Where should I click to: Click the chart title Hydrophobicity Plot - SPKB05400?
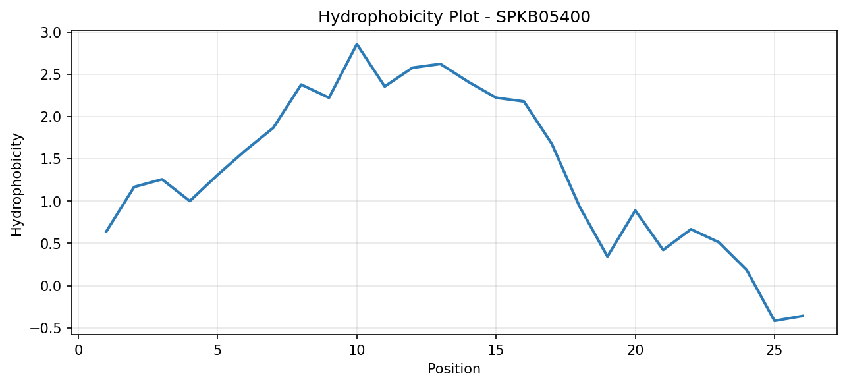(x=454, y=17)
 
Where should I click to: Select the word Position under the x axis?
(x=454, y=369)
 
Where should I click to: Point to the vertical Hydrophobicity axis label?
(x=16, y=185)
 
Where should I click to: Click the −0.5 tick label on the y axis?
(x=45, y=328)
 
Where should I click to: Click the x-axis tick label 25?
(x=774, y=351)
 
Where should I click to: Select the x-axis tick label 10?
(x=356, y=351)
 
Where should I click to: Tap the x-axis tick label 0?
(x=78, y=351)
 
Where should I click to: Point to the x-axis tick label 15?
(x=496, y=351)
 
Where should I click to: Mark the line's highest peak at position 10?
(x=356, y=44)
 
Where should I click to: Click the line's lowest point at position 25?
(x=774, y=321)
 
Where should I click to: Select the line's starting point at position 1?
(x=106, y=232)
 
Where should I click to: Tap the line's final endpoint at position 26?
(x=802, y=316)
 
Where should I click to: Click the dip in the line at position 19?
(x=607, y=256)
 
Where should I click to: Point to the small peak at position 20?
(x=635, y=210)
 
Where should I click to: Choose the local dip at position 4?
(x=190, y=201)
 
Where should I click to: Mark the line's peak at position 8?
(x=301, y=84)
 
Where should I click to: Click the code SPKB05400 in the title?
(x=543, y=17)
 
